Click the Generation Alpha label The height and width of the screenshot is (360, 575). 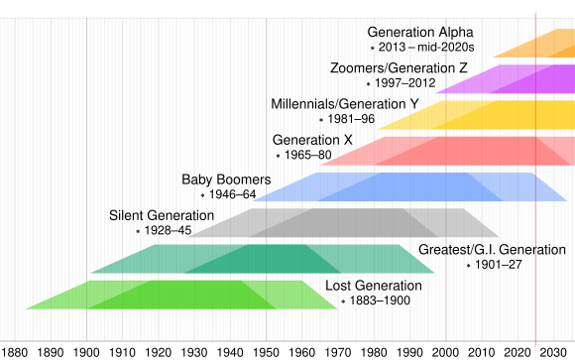(420, 32)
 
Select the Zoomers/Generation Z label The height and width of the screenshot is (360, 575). (399, 67)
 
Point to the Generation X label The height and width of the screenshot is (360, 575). (312, 140)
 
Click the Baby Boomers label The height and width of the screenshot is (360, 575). (226, 180)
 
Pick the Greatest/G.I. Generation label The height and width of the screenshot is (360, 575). (492, 249)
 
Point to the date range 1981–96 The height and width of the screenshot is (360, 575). (352, 119)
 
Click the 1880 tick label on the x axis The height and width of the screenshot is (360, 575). (15, 351)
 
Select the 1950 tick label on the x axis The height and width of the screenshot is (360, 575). (267, 351)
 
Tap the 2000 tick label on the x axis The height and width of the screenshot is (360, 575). (446, 351)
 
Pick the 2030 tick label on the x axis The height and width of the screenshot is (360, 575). (554, 351)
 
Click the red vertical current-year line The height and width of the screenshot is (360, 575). (536, 198)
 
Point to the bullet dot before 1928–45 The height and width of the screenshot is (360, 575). (138, 231)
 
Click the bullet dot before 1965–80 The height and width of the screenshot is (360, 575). (278, 156)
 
